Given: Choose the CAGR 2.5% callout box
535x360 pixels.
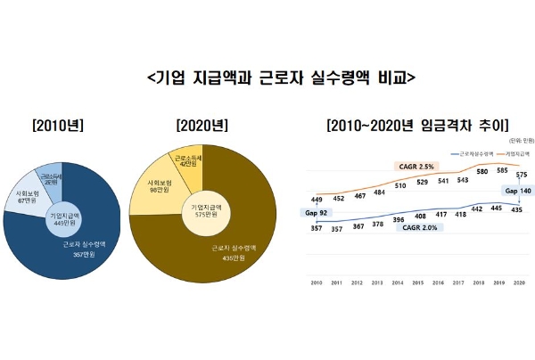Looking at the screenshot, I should tap(416, 167).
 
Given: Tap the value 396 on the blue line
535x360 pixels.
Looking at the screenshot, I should tap(397, 218).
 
